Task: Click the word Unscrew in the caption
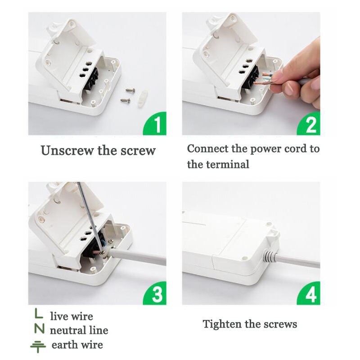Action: [67, 150]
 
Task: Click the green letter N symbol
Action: [40, 329]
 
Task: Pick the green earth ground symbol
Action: [38, 346]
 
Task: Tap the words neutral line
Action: [79, 331]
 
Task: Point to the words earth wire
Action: [77, 346]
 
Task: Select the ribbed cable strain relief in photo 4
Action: [269, 256]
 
